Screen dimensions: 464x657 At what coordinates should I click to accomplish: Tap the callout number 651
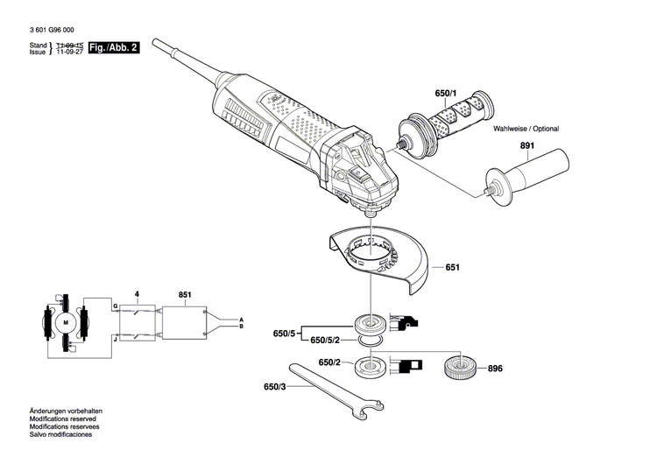(452, 267)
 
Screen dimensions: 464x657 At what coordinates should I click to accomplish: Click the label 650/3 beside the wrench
(276, 386)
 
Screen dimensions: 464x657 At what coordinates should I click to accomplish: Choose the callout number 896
(495, 369)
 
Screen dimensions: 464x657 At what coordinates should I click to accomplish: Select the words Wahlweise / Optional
(526, 129)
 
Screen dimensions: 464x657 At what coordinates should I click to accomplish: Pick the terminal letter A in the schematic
(241, 319)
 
